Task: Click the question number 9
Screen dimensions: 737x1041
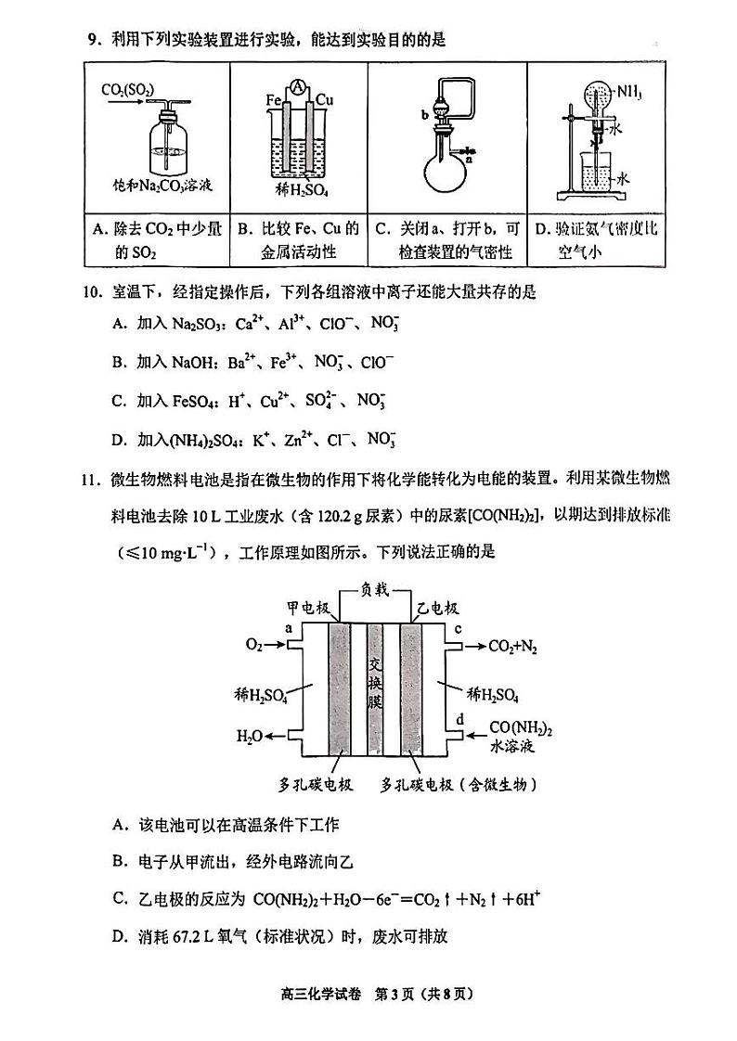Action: pos(92,40)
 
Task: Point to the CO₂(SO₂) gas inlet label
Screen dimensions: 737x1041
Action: pos(128,89)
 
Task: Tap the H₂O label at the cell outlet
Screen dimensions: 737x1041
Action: pos(249,736)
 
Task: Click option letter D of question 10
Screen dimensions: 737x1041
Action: pos(118,439)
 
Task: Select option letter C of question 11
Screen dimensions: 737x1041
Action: pos(118,898)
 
